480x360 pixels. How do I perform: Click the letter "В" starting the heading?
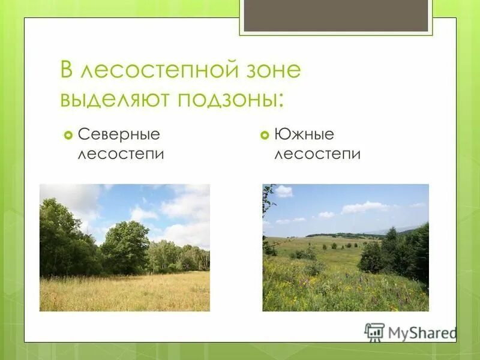point(67,71)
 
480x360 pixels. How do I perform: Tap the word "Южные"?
point(304,135)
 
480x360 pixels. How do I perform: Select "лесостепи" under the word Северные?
point(121,154)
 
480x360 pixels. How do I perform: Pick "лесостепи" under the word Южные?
point(317,154)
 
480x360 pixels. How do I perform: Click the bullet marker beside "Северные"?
point(68,135)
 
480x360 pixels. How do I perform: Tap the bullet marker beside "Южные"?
point(265,135)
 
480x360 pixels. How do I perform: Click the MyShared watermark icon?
point(374,332)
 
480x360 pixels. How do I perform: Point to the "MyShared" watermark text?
point(422,332)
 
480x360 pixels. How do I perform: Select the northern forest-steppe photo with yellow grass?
point(125,247)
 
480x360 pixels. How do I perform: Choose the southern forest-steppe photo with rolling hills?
point(346,247)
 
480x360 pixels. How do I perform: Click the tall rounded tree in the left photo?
point(125,246)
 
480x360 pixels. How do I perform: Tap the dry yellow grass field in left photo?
point(125,292)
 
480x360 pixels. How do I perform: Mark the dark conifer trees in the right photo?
point(408,252)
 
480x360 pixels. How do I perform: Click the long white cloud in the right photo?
point(364,207)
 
